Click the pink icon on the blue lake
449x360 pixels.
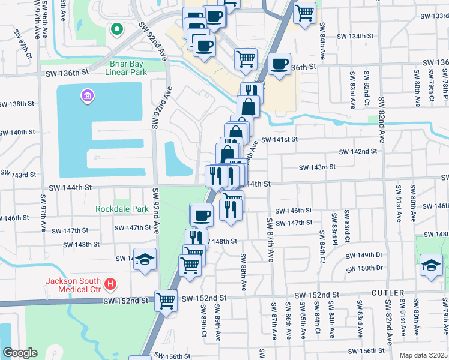(x=86, y=95)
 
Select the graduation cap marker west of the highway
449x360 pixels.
(x=145, y=259)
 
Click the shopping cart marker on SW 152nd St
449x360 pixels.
(x=166, y=299)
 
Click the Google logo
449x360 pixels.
(x=20, y=353)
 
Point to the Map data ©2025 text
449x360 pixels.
(x=423, y=355)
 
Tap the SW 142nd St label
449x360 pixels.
(x=358, y=152)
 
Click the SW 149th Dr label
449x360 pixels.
(x=366, y=255)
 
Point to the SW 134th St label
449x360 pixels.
(x=354, y=37)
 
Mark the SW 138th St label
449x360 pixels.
(x=17, y=104)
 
